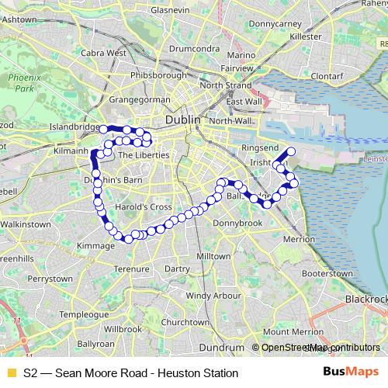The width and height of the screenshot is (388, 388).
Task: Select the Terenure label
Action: point(130,269)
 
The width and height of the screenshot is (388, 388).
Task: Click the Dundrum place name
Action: point(221,347)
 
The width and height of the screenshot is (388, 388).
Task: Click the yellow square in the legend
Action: point(10,373)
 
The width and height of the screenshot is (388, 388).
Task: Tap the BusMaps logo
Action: point(351,372)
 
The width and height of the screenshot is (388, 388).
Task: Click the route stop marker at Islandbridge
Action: point(103,129)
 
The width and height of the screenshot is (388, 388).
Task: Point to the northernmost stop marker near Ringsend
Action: point(292,151)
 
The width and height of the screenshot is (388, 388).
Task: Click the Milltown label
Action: point(214,255)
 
